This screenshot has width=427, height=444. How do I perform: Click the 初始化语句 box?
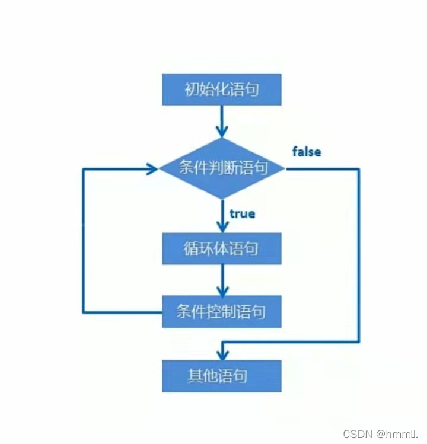(221, 91)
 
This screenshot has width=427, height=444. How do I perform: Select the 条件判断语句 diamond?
(222, 168)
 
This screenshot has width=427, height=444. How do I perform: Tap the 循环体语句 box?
(221, 248)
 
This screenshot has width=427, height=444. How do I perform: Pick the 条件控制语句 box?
(221, 312)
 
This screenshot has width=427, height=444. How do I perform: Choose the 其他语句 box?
(221, 376)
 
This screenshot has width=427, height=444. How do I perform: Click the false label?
(307, 152)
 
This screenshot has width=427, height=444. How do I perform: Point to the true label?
(242, 213)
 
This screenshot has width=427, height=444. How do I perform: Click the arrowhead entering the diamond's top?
(222, 132)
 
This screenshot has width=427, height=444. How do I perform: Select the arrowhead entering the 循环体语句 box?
(222, 226)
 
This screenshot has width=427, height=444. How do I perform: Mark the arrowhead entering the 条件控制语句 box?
(222, 290)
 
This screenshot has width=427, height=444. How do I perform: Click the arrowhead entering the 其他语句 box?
(222, 354)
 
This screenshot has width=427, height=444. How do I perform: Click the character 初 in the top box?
(191, 91)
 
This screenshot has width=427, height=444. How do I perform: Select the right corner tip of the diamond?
(285, 168)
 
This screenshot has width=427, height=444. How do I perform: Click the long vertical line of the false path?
(359, 255)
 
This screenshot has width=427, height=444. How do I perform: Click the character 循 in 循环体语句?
(191, 248)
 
